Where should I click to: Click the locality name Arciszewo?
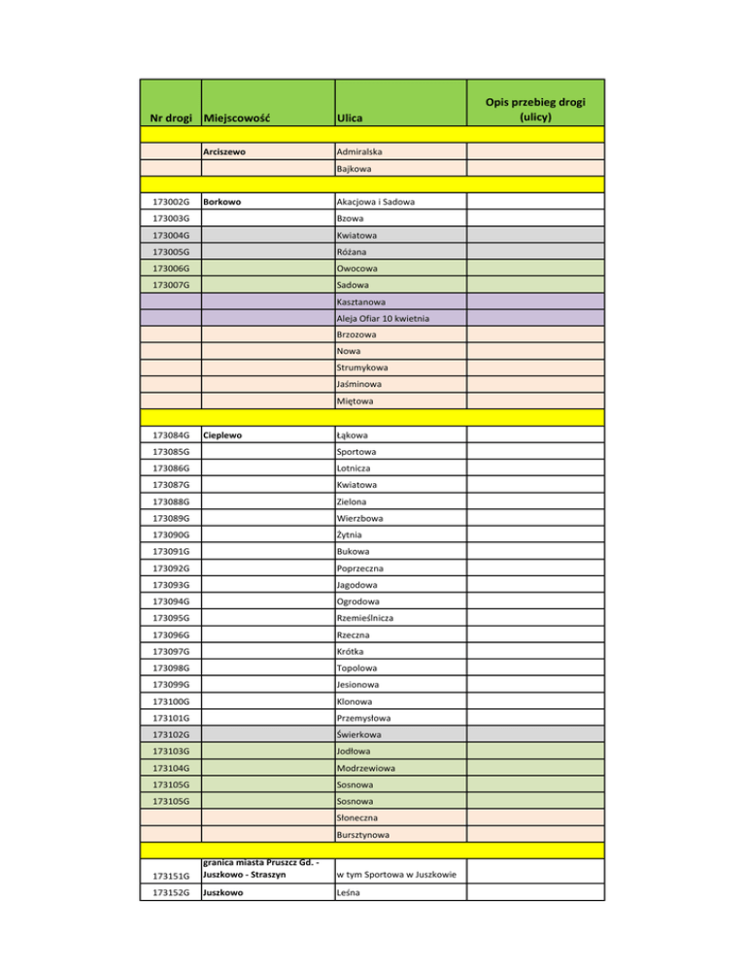(x=230, y=152)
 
